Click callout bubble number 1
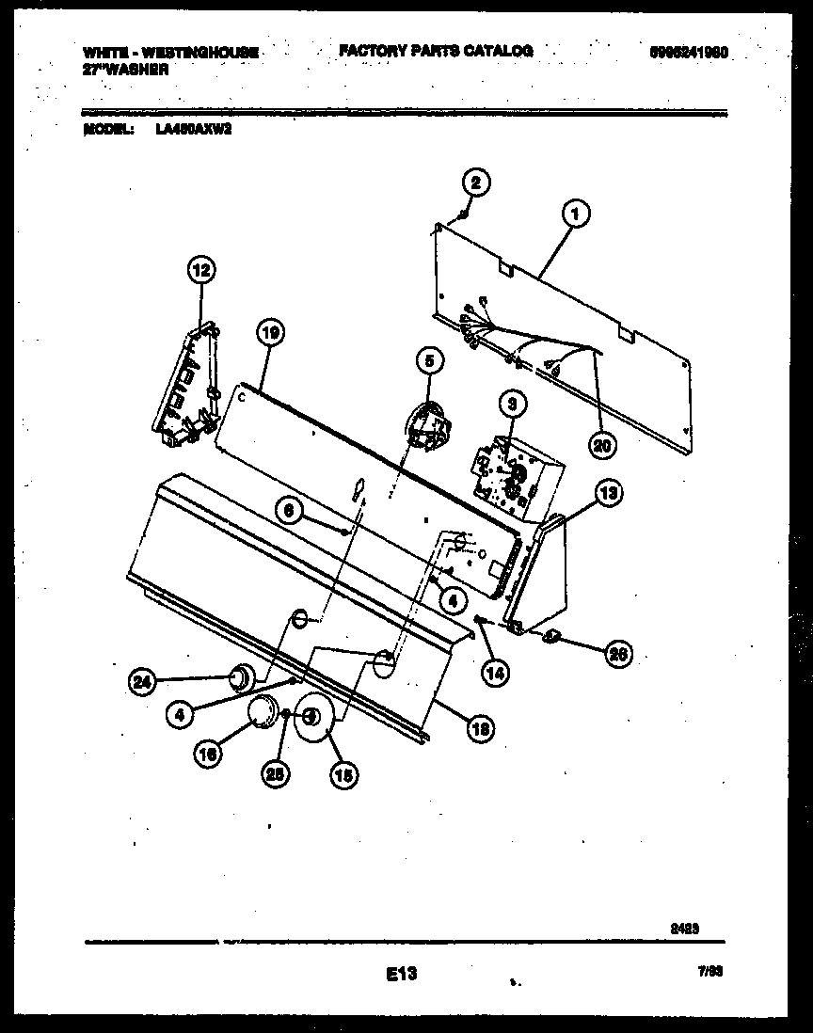576,215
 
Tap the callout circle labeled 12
199,272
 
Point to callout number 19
269,332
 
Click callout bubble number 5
428,359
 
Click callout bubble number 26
616,654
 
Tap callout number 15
343,775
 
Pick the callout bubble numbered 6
291,510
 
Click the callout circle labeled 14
495,671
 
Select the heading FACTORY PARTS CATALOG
436,51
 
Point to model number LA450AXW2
194,132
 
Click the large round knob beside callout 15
312,719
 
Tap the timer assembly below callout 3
514,475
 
